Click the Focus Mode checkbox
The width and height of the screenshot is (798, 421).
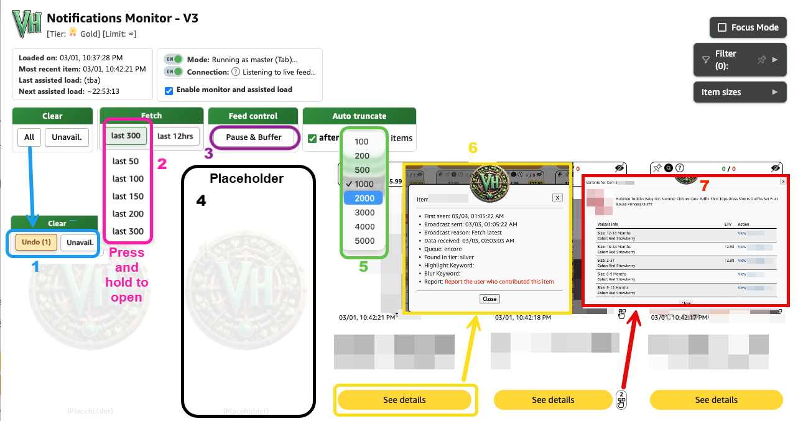(x=722, y=27)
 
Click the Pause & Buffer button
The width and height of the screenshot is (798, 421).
(x=253, y=137)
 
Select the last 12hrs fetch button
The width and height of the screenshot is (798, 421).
(x=175, y=136)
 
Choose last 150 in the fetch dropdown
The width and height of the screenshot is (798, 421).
(x=128, y=197)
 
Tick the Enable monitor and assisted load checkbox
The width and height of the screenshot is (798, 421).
(x=169, y=90)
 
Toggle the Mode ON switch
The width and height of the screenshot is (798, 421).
(x=174, y=60)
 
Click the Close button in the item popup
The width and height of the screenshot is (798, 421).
(x=489, y=299)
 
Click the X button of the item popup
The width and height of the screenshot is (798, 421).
(x=557, y=197)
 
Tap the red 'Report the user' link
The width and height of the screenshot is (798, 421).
(x=499, y=282)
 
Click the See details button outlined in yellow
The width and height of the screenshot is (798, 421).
(x=404, y=400)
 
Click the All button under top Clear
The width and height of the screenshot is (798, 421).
(x=29, y=137)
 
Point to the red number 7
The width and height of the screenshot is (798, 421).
(x=704, y=185)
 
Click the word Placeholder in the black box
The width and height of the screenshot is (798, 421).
(x=246, y=179)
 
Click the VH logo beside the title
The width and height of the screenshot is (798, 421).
(x=27, y=24)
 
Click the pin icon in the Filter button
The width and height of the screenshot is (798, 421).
(x=761, y=60)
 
